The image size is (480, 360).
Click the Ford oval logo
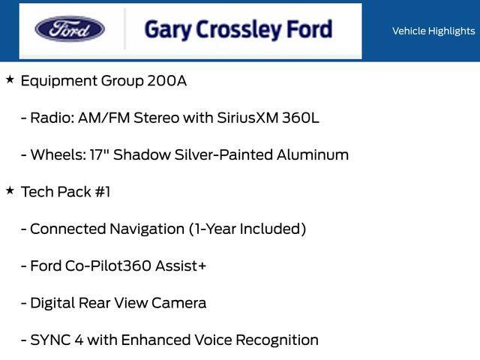pyautogui.click(x=70, y=30)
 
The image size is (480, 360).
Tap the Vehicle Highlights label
pyautogui.click(x=433, y=31)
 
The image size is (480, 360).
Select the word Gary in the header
pyautogui.click(x=165, y=30)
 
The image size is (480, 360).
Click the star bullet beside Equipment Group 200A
pyautogui.click(x=10, y=79)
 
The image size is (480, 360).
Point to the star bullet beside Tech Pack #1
pyautogui.click(x=10, y=190)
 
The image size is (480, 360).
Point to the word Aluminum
pyautogui.click(x=315, y=155)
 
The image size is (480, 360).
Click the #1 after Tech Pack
pyautogui.click(x=102, y=192)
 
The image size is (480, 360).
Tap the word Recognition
pyautogui.click(x=277, y=340)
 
